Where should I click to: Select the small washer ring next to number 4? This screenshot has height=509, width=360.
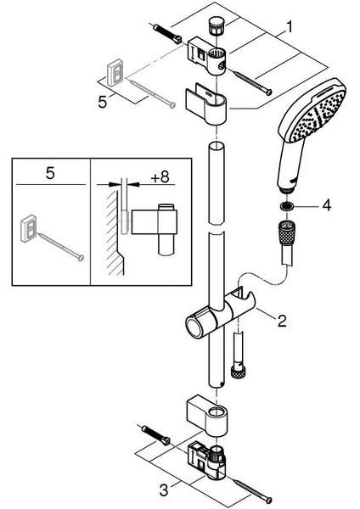pyautogui.click(x=289, y=205)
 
